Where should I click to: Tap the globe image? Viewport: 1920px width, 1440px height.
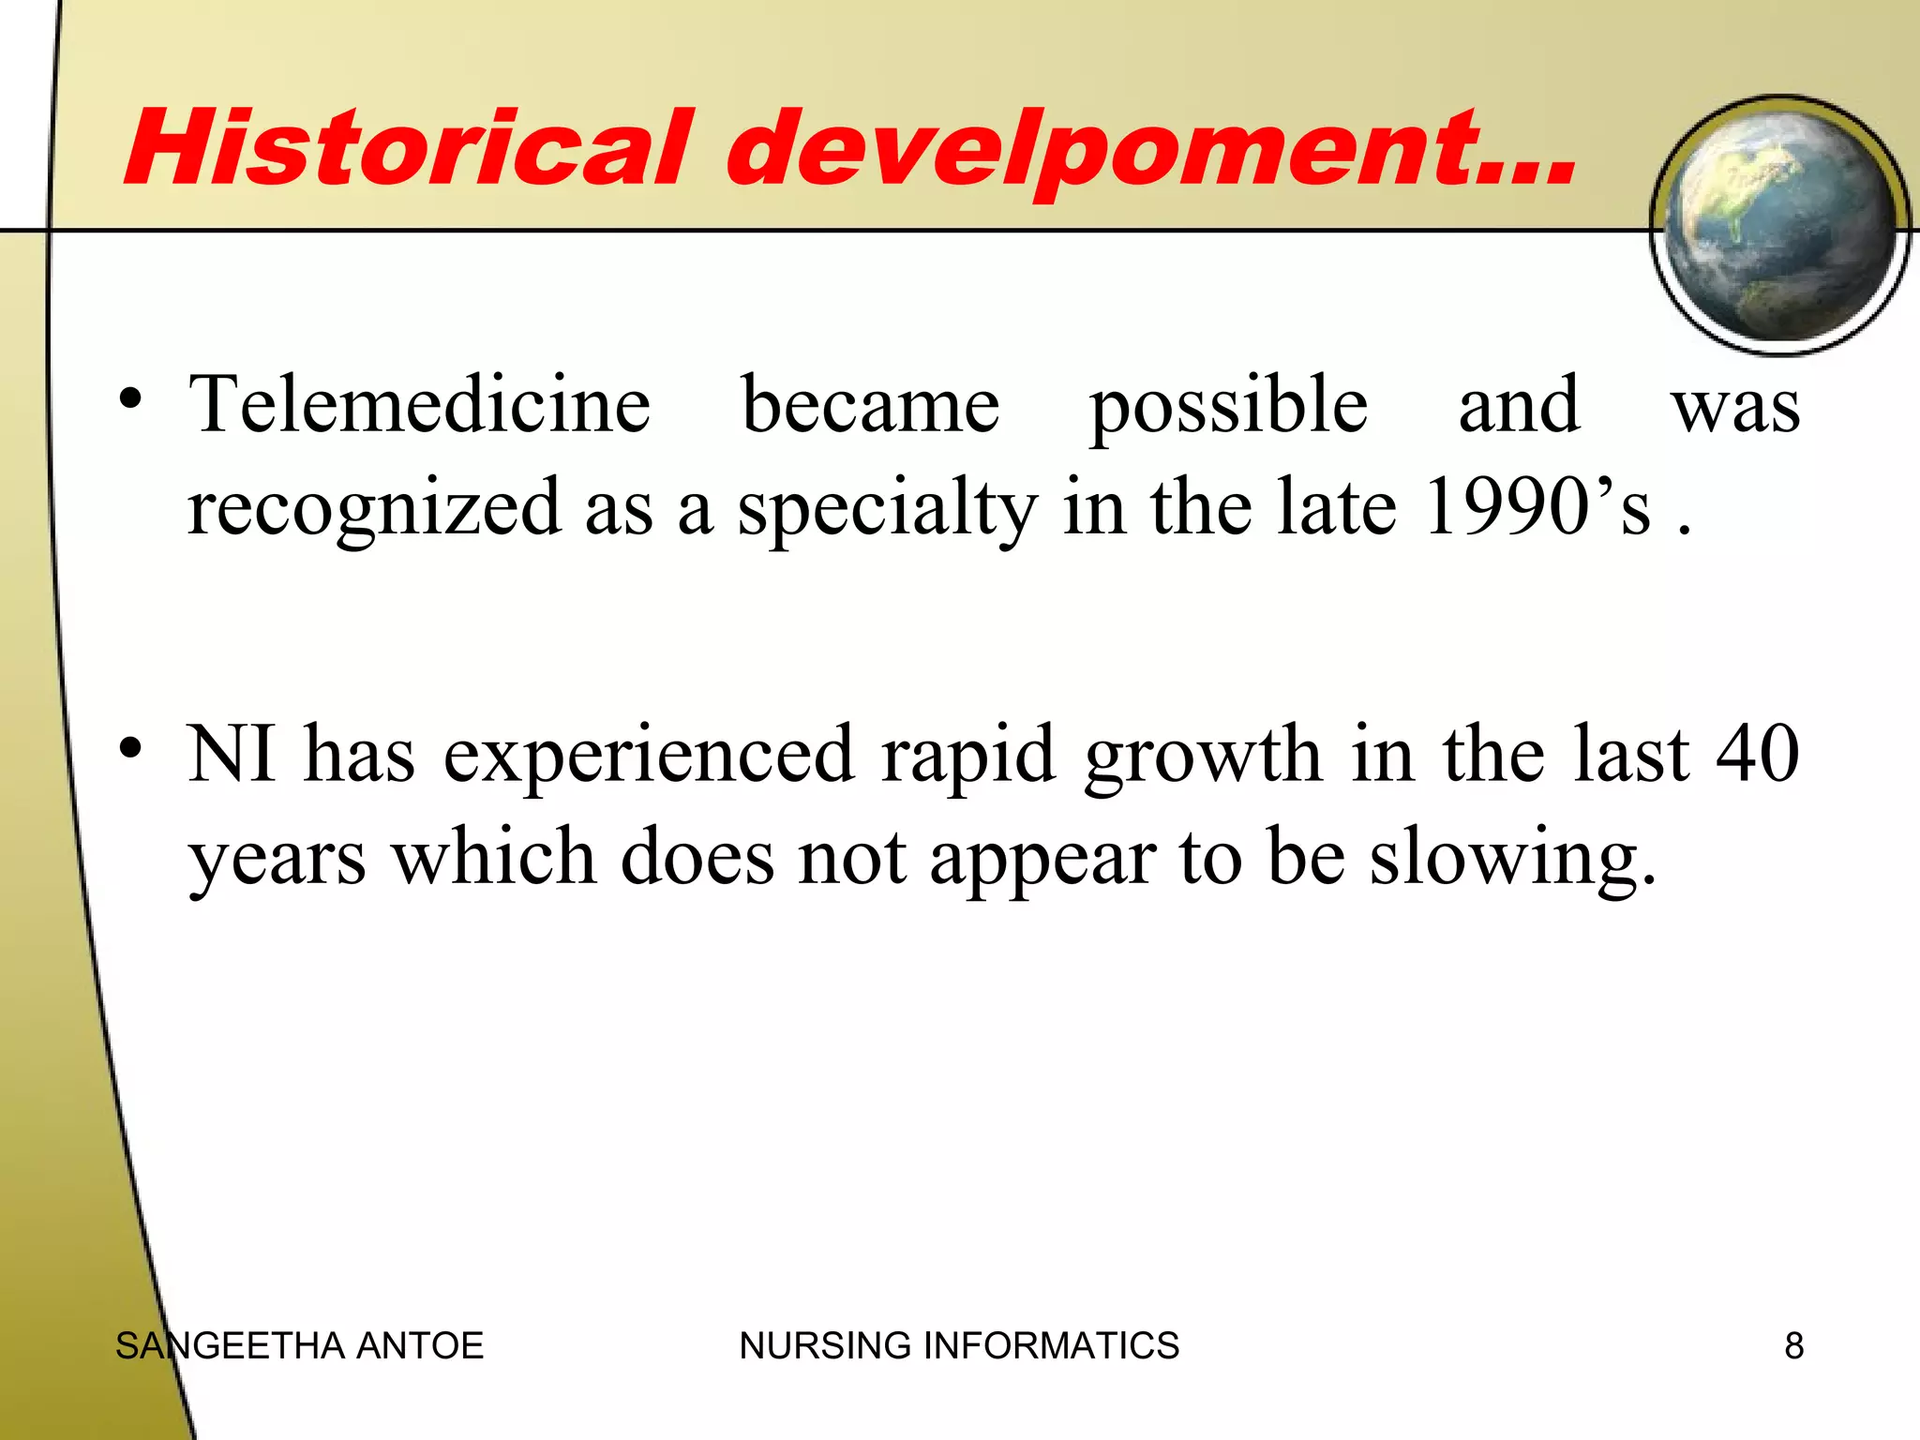(x=1779, y=225)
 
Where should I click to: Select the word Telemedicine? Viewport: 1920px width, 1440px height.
(x=419, y=405)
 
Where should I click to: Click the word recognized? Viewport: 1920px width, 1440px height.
(x=374, y=508)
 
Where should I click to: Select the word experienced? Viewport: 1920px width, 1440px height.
(x=649, y=756)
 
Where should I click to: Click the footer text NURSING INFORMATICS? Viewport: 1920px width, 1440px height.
(x=959, y=1345)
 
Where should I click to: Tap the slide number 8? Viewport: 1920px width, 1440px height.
(x=1793, y=1345)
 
